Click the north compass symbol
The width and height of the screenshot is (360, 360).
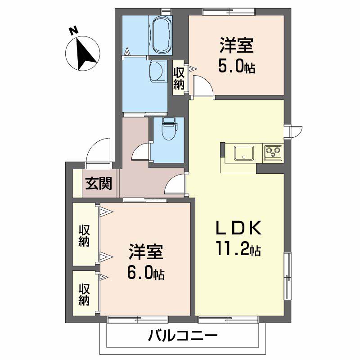pos(83,54)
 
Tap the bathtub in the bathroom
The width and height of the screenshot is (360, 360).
pos(162,35)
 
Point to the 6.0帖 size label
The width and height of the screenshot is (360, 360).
pos(146,272)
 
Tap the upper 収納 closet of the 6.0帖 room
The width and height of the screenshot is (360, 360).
pos(84,235)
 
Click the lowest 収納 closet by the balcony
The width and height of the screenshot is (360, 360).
pos(84,294)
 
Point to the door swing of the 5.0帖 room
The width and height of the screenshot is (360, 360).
pos(202,85)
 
